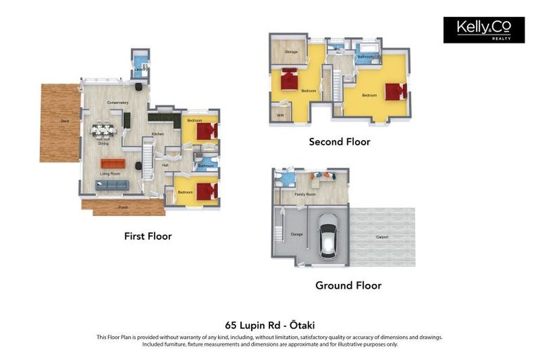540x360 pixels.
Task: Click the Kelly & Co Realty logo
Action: tap(484, 30)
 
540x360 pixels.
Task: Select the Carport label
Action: tap(382, 237)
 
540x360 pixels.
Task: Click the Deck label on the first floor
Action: tap(65, 121)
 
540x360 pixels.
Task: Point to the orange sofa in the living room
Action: tap(112, 163)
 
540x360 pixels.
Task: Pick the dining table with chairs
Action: tap(103, 130)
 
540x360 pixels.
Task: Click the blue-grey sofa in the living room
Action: tap(112, 185)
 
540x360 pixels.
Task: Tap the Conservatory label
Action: tap(117, 103)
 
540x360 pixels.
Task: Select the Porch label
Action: tap(123, 207)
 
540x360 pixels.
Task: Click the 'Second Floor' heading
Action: tap(340, 142)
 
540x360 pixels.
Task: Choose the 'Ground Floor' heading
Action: tap(348, 285)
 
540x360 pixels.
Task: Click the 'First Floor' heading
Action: tap(148, 236)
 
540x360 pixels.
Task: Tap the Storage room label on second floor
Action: tap(290, 52)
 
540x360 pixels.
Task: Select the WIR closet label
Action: tap(280, 115)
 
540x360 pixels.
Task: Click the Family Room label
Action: tap(304, 193)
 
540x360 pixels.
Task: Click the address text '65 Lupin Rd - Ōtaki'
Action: tap(270, 326)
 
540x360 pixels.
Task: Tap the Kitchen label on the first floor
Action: tap(157, 134)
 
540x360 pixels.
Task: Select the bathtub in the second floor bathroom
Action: tap(367, 50)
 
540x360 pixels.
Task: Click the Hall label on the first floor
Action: tap(165, 165)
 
